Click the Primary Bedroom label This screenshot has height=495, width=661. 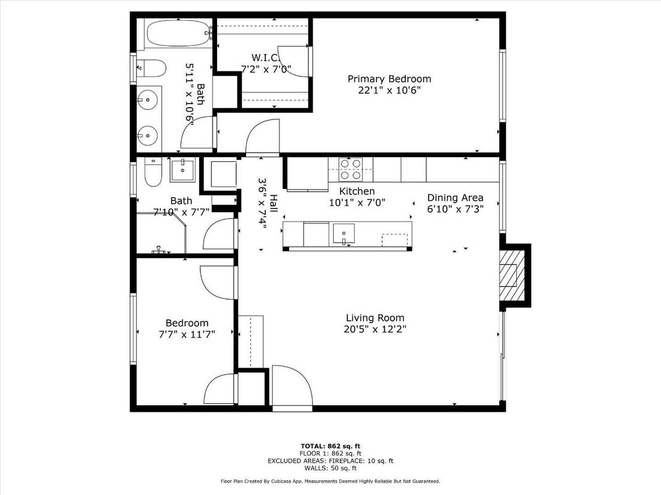[x=389, y=79]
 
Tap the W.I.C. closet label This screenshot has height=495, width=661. [x=266, y=57]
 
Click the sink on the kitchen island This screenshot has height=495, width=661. [x=344, y=234]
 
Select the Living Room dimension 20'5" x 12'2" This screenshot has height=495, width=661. [x=375, y=329]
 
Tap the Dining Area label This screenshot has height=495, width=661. [x=455, y=198]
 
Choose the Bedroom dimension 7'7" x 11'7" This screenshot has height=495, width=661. [x=187, y=334]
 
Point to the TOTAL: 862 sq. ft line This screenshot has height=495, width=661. [x=330, y=445]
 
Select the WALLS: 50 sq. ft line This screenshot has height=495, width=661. [x=330, y=468]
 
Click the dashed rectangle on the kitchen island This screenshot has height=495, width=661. [x=395, y=239]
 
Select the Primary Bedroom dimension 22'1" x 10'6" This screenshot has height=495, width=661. [x=389, y=90]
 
